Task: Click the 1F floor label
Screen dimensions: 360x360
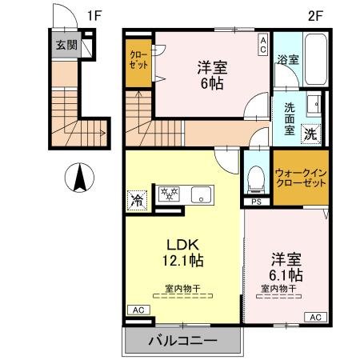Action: [x=94, y=14]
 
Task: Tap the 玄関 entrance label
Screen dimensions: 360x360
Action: [x=66, y=45]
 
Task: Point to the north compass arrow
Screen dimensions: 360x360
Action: [x=78, y=177]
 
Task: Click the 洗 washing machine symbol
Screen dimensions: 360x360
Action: [x=309, y=134]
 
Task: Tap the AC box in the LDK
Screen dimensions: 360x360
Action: [x=136, y=310]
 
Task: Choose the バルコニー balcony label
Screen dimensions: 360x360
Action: [x=182, y=341]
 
